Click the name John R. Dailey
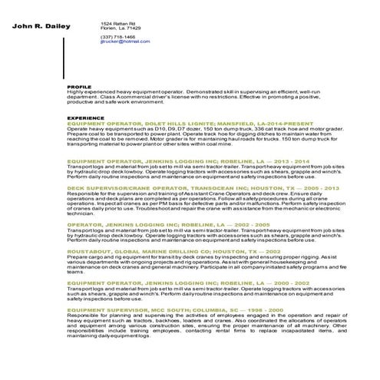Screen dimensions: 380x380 (x=41, y=27)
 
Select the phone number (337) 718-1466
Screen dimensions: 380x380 (x=118, y=37)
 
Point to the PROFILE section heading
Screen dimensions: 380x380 (x=79, y=87)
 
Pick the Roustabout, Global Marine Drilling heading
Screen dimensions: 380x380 (x=173, y=250)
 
